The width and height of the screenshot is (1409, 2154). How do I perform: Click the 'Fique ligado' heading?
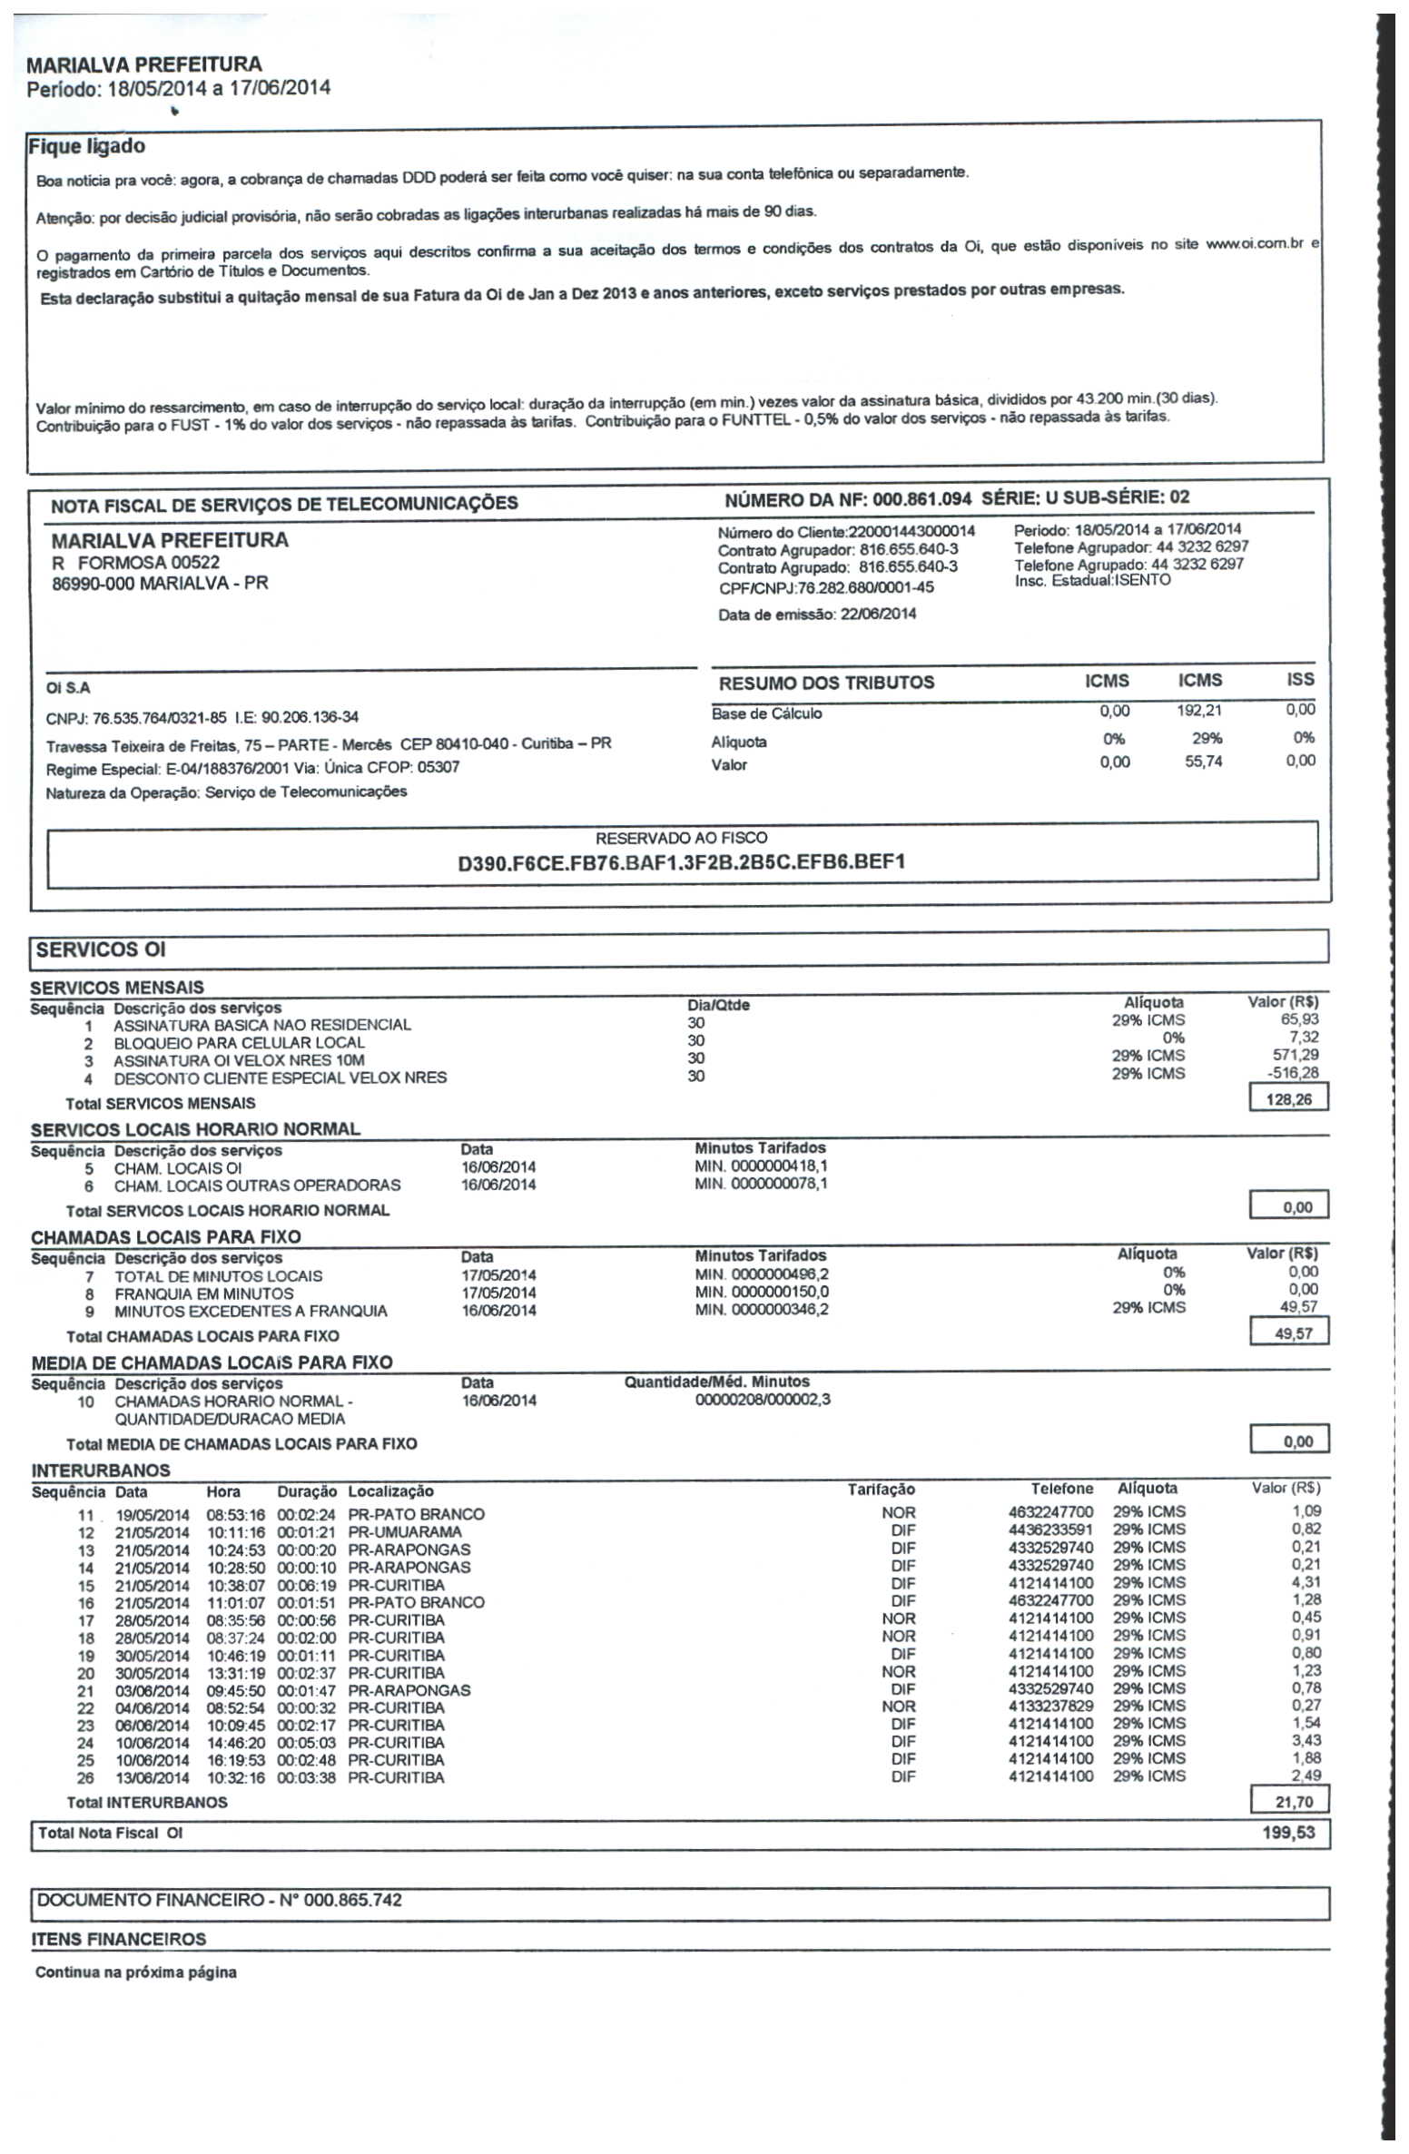pos(86,146)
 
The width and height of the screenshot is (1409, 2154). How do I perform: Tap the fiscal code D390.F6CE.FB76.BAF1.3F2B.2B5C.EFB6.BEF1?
pos(681,861)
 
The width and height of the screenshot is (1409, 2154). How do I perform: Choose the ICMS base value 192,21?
pos(1198,711)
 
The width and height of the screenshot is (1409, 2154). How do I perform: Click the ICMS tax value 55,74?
pos(1203,762)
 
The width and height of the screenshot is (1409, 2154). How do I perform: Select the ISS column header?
pos(1299,679)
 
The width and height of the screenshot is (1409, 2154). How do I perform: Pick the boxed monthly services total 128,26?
pos(1288,1099)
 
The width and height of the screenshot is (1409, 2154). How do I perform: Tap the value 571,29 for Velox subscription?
pos(1296,1055)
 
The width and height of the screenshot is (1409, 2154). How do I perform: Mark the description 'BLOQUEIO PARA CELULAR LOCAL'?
pos(239,1043)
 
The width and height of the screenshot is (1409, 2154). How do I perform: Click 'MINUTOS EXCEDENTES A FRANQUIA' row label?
pos(251,1312)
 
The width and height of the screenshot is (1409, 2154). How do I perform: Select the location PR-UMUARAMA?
pos(405,1532)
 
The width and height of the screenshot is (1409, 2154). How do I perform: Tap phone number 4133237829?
pos(1050,1706)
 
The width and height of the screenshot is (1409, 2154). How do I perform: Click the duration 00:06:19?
pos(306,1585)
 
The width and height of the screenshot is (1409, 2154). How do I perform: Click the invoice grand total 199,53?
pos(1288,1833)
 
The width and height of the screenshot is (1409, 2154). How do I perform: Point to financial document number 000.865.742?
pos(352,1900)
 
